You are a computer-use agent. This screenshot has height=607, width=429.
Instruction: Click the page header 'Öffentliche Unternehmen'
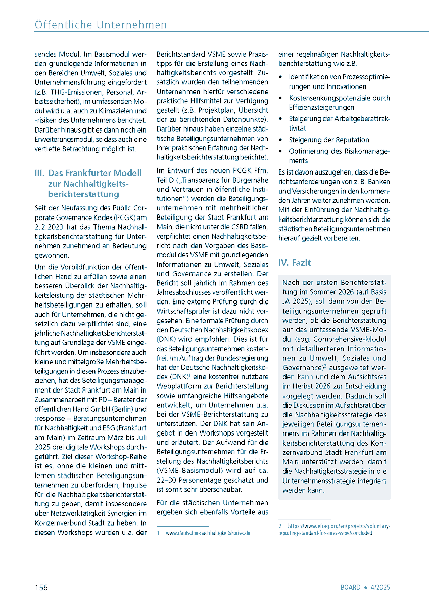tap(101, 24)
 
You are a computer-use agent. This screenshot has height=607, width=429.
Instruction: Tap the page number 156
tap(41, 587)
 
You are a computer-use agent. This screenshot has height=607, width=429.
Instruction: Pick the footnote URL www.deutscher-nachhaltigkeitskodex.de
tap(207, 533)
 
